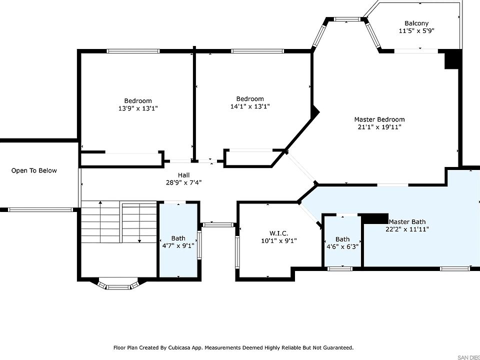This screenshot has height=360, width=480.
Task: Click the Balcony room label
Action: click(x=416, y=23)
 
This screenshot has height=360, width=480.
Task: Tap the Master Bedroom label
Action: click(x=379, y=119)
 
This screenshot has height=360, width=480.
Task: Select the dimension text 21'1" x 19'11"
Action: click(x=379, y=127)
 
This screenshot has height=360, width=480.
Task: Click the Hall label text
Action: click(x=183, y=175)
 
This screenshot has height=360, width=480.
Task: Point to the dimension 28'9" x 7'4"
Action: click(x=183, y=183)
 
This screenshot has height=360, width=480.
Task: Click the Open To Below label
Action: click(x=34, y=170)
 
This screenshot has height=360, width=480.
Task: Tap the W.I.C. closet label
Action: click(x=278, y=233)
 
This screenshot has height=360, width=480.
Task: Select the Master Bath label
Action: click(x=407, y=221)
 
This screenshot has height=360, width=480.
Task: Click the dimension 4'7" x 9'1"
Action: click(x=178, y=245)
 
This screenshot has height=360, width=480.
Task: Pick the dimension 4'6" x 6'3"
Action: click(x=342, y=246)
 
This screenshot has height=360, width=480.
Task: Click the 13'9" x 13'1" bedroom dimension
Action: click(x=138, y=108)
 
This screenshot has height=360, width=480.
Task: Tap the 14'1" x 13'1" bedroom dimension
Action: click(x=250, y=106)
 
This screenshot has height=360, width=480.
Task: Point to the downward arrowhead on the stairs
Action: click(x=139, y=241)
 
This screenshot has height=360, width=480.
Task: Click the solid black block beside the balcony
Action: click(x=453, y=59)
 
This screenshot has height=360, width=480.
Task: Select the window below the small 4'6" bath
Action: click(x=340, y=269)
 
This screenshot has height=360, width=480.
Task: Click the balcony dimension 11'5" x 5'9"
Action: click(x=416, y=31)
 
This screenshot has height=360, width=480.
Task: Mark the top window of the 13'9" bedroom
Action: click(x=133, y=51)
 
